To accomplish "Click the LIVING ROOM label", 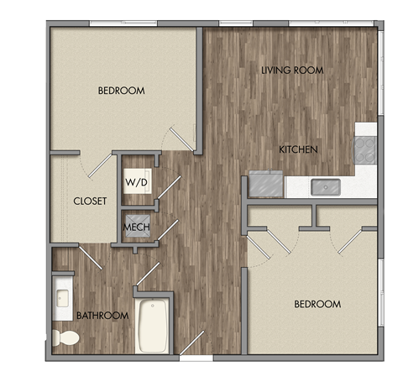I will (291, 71).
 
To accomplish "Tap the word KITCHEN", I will (298, 149).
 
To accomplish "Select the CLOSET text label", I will (88, 201).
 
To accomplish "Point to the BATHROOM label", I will (102, 316).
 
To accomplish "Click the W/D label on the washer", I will (134, 181).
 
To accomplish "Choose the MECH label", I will (136, 227).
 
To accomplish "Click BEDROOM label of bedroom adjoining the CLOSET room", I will (121, 91).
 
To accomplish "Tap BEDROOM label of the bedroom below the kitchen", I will (317, 304).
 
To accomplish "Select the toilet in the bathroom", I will (65, 338).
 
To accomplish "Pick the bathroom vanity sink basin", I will (62, 297).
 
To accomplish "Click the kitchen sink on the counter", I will (323, 186).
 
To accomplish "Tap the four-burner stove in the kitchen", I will (366, 149).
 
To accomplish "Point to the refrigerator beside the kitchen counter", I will (265, 183).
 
